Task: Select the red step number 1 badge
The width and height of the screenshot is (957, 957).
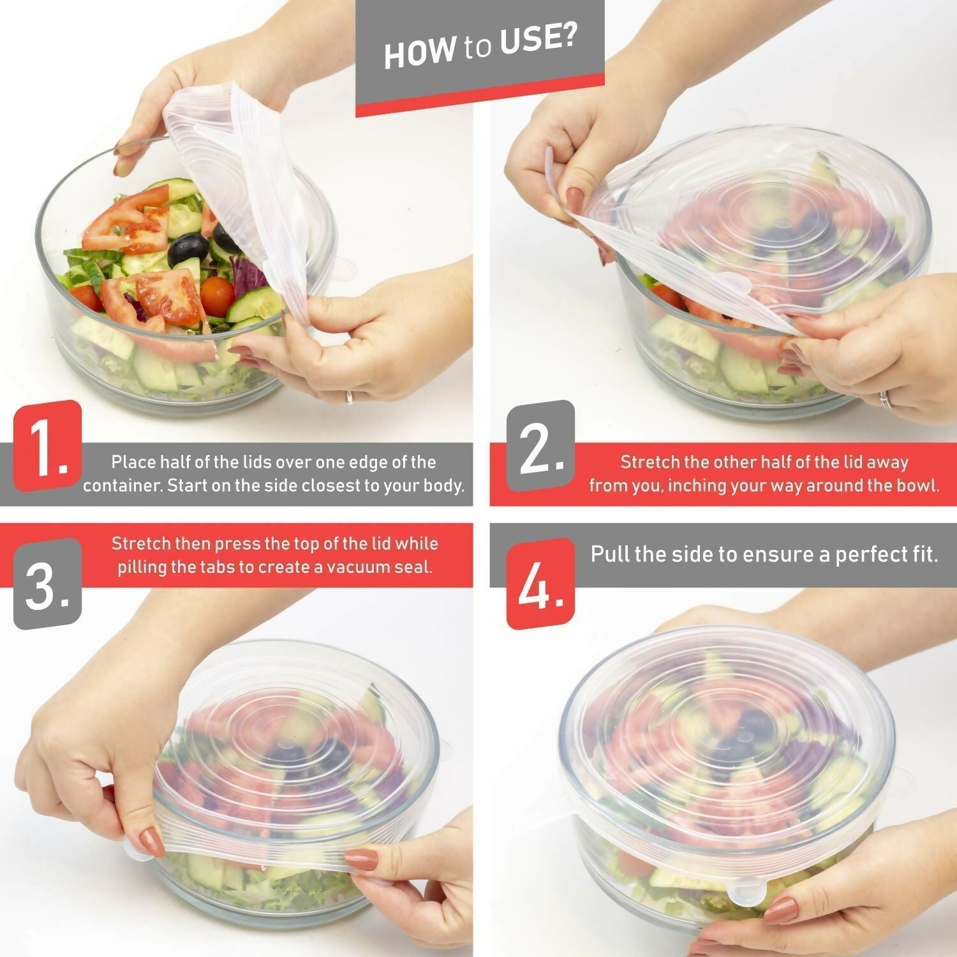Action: (48, 447)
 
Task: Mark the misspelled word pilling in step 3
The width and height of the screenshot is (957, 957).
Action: (142, 567)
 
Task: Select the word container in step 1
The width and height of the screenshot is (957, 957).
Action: (122, 486)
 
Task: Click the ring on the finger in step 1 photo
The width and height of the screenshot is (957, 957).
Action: (350, 397)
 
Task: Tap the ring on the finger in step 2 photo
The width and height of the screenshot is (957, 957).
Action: (886, 400)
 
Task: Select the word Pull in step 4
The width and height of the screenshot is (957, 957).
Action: (609, 554)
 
